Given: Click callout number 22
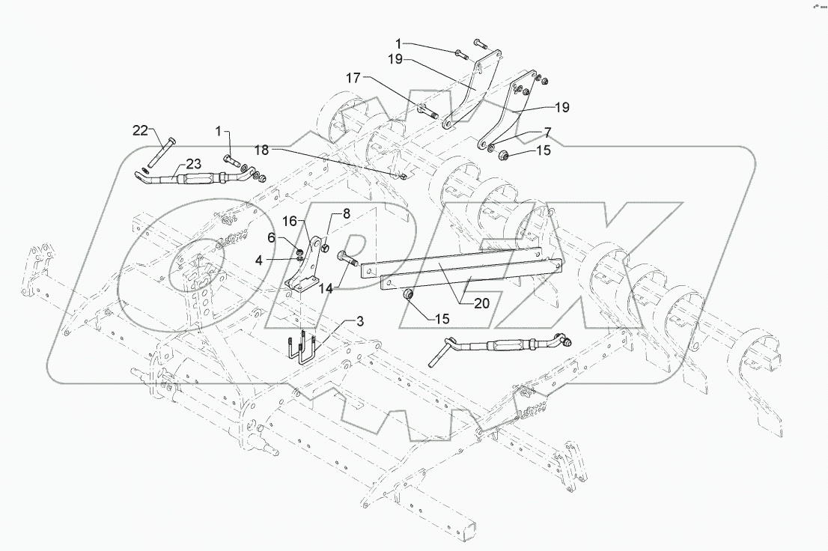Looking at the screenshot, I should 140,131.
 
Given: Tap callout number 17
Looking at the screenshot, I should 353,77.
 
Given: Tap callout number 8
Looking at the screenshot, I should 346,213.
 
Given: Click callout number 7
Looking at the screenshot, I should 548,132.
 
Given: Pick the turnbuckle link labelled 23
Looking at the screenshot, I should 196,179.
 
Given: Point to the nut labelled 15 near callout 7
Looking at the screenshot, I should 503,155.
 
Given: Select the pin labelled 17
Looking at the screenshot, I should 427,115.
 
